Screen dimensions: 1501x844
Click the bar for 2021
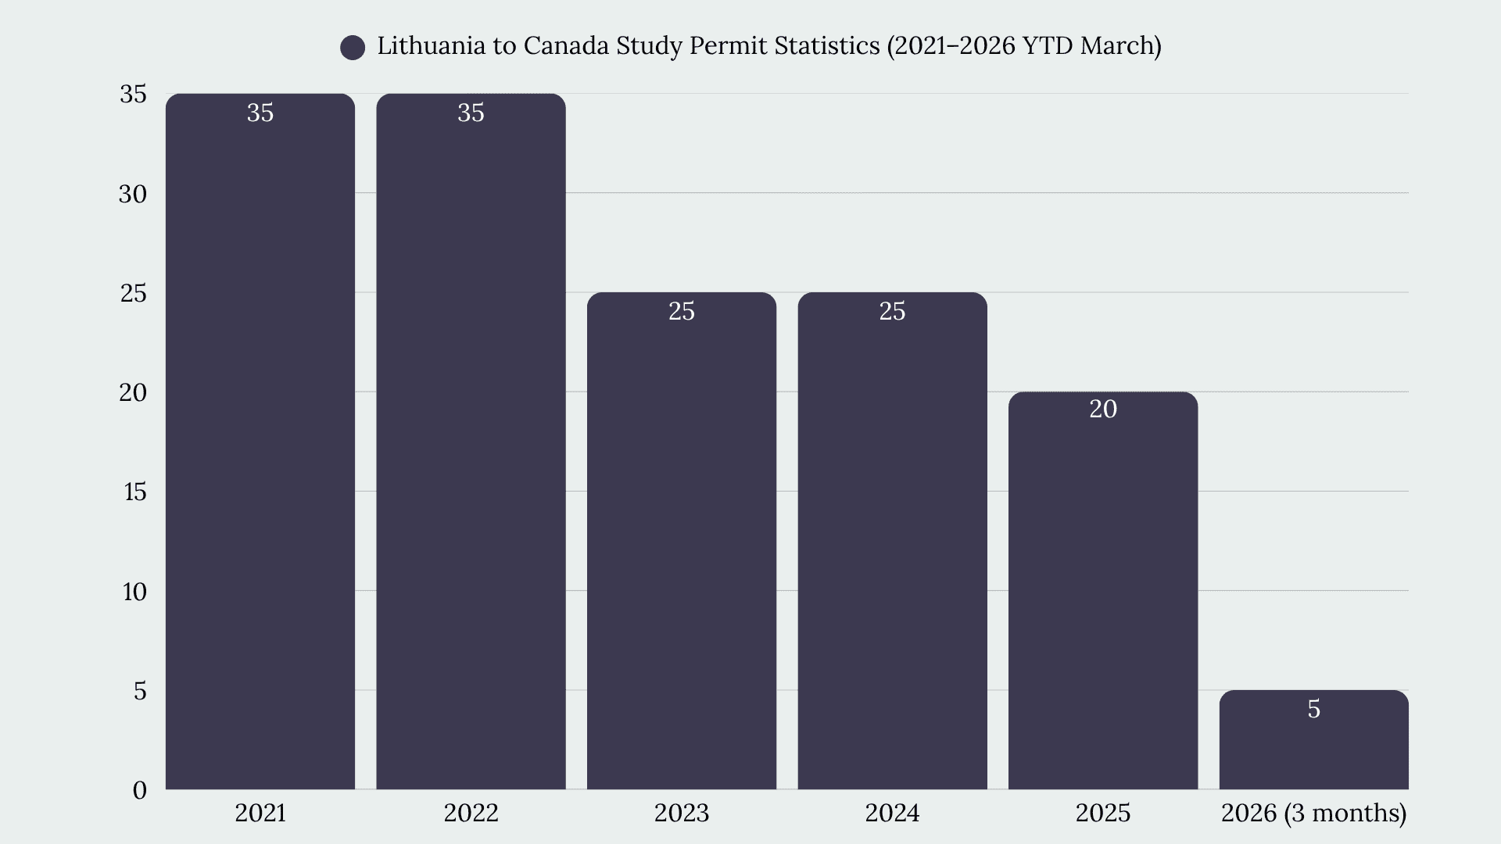click(x=260, y=442)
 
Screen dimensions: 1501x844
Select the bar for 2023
click(x=682, y=541)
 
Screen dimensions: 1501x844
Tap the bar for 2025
click(x=1103, y=591)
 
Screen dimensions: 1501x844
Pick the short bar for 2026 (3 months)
click(x=1314, y=740)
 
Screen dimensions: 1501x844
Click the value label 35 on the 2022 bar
click(x=471, y=113)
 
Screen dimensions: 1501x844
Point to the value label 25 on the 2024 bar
click(x=892, y=311)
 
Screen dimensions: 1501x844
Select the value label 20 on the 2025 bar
click(x=1103, y=409)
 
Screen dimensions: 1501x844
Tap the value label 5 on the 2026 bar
click(x=1314, y=709)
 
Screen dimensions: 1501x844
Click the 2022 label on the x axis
click(x=471, y=813)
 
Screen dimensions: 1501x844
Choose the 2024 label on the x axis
click(x=892, y=813)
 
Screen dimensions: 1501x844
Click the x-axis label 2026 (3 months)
click(x=1313, y=813)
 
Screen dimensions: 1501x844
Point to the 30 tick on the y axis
click(x=133, y=194)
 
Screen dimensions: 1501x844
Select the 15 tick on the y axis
click(x=134, y=492)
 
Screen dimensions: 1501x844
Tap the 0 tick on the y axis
click(x=140, y=790)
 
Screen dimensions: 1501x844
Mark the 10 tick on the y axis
click(x=134, y=592)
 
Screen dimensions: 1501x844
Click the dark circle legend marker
click(x=353, y=48)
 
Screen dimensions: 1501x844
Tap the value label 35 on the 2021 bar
click(x=260, y=113)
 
